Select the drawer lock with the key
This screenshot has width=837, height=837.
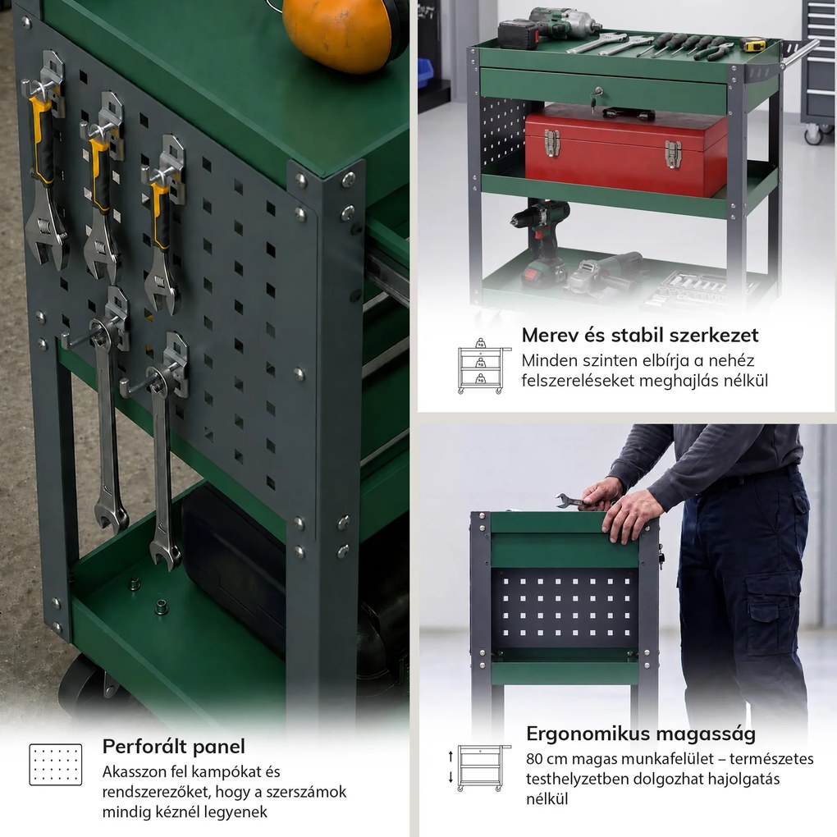pyautogui.click(x=594, y=98)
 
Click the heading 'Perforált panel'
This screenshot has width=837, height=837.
pyautogui.click(x=173, y=746)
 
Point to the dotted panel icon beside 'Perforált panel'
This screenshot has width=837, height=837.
pyautogui.click(x=56, y=765)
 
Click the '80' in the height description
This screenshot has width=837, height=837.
pyautogui.click(x=534, y=759)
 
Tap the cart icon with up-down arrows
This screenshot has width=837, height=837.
pyautogui.click(x=479, y=767)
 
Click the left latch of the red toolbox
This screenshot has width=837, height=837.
pyautogui.click(x=552, y=143)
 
